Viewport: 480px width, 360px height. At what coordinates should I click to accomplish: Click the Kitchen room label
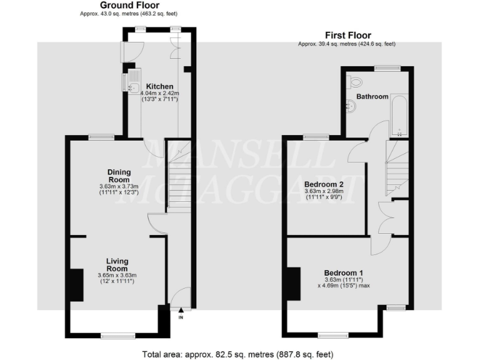[x=159, y=86]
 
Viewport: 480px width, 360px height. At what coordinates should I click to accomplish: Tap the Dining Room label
[x=118, y=176]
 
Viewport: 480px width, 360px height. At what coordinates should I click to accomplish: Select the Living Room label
[x=117, y=265]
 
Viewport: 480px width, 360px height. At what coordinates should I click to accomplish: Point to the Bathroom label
[x=372, y=97]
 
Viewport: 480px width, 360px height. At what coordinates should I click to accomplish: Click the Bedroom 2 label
[x=324, y=184]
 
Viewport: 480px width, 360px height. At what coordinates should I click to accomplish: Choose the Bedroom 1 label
[x=343, y=272]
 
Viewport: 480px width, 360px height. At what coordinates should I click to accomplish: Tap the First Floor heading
[x=347, y=36]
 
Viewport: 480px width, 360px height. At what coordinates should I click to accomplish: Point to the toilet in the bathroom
[x=356, y=81]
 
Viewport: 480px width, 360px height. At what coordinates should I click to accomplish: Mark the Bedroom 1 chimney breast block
[x=293, y=284]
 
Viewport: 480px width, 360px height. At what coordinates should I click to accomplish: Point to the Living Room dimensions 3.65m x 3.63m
[x=117, y=279]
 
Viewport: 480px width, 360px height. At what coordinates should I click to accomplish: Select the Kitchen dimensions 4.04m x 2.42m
[x=159, y=97]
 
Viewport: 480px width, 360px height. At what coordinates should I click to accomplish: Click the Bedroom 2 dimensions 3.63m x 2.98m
[x=324, y=194]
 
